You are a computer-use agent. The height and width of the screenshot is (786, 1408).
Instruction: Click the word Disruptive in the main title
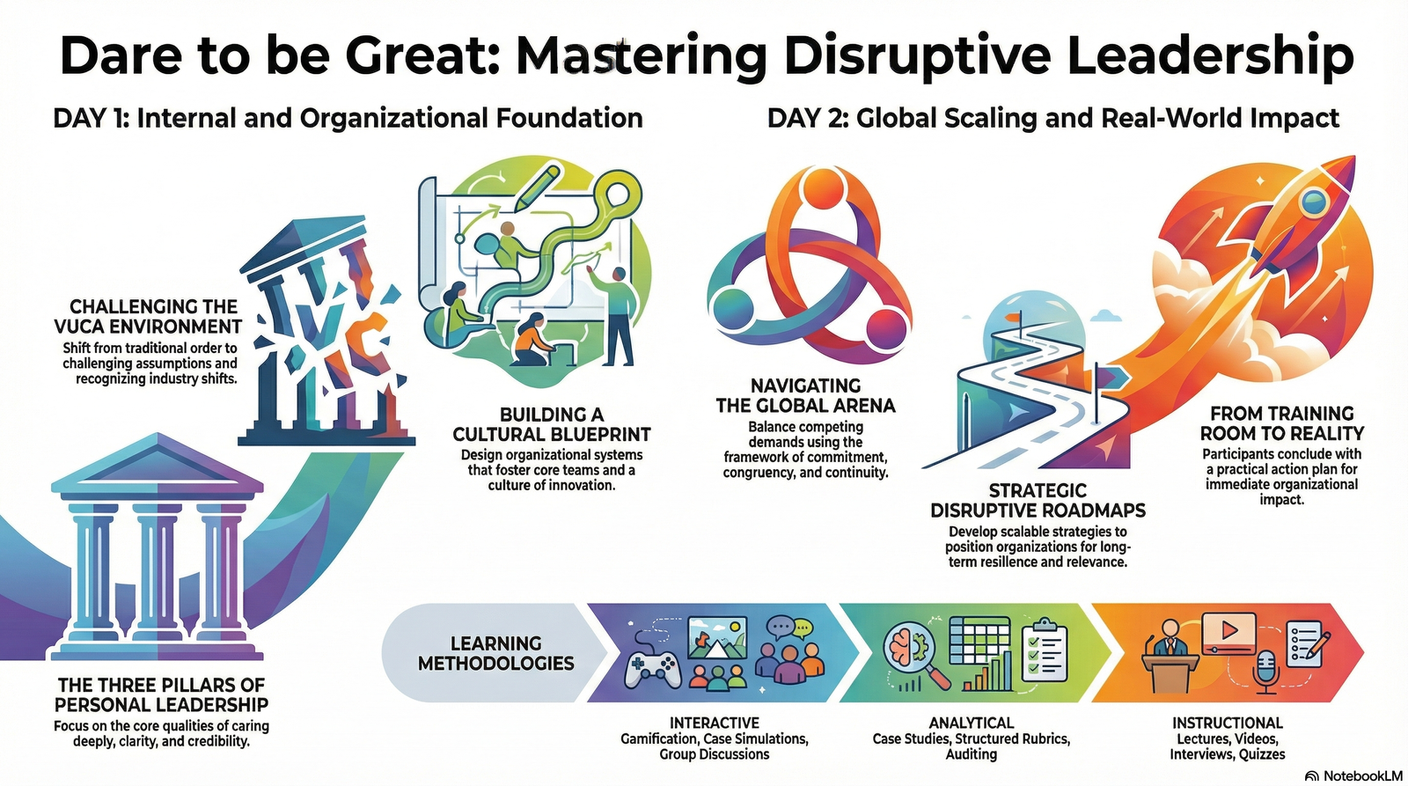915,55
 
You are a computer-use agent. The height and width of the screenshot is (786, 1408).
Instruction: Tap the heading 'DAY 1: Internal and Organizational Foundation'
348,118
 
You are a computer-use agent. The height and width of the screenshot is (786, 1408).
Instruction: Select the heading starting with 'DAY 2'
1052,118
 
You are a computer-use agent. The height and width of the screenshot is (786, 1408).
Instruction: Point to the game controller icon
652,668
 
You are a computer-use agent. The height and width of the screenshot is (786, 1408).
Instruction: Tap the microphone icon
1265,672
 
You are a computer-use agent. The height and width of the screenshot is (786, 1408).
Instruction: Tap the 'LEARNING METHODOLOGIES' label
495,653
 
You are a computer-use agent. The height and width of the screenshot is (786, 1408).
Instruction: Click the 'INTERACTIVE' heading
714,723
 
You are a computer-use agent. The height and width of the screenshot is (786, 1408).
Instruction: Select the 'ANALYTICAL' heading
971,723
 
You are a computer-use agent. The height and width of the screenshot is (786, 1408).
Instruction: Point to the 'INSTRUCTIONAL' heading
1227,723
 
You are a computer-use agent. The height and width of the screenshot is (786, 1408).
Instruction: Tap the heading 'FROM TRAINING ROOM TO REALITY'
1281,423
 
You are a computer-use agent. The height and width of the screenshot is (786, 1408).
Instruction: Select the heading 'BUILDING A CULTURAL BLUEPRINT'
552,424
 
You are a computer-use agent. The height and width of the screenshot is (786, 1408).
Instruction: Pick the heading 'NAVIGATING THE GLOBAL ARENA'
805,395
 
